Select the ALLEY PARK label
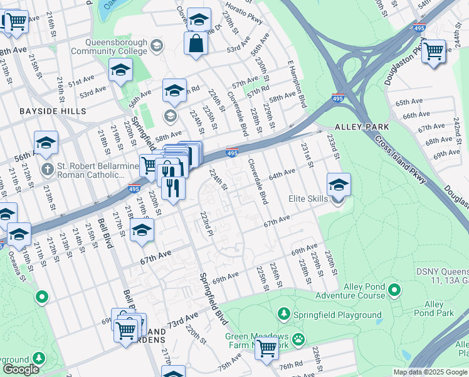tap(353, 127)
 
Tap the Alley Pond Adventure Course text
tap(349, 291)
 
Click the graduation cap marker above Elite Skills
tap(339, 184)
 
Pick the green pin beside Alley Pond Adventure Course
tap(394, 290)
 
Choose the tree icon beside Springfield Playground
tap(284, 313)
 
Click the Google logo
tap(21, 369)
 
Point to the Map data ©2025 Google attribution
tap(429, 372)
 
